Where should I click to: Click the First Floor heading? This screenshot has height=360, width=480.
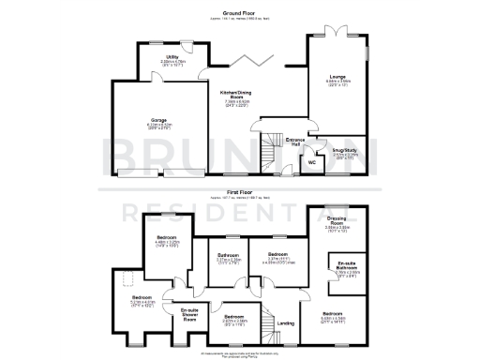[x=239, y=190]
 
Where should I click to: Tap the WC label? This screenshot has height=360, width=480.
[x=312, y=161]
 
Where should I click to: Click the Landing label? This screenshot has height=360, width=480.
[x=287, y=322]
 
